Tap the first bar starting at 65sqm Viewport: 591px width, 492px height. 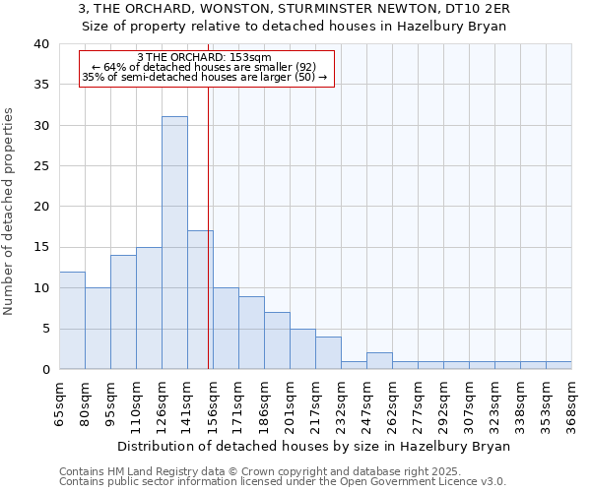coord(72,321)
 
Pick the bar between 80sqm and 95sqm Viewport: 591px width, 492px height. coord(98,329)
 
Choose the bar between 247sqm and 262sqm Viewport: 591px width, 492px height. coord(379,361)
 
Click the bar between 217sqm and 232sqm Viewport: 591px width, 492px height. coord(328,353)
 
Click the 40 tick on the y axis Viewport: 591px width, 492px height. coord(40,44)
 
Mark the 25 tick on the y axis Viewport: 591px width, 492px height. coord(40,166)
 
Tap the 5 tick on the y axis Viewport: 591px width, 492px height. coord(44,329)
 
